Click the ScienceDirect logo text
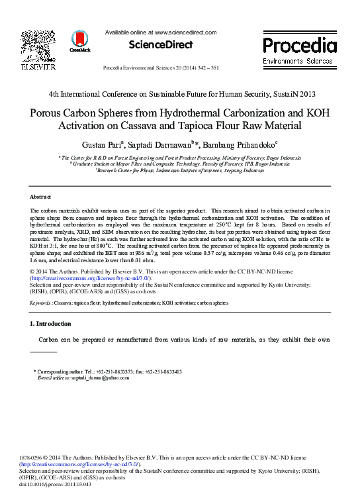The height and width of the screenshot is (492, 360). point(161,45)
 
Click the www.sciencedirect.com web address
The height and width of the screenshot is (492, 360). point(186,32)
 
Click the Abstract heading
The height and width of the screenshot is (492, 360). point(41,197)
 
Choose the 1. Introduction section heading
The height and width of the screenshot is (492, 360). point(51,324)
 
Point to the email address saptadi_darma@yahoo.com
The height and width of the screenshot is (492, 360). point(92,377)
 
